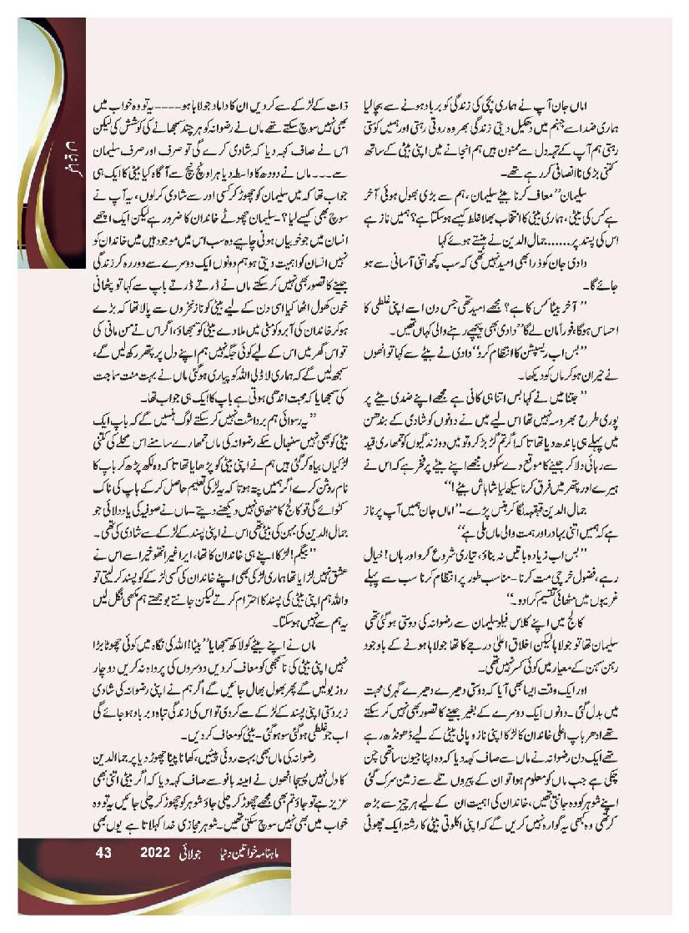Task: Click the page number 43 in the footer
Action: (x=104, y=853)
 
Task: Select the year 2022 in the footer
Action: (x=155, y=853)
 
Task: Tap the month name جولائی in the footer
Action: (x=198, y=853)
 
